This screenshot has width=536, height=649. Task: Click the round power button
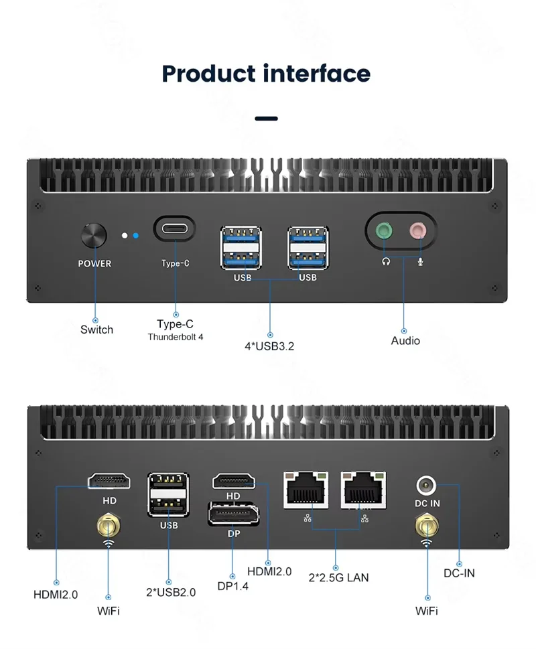pyautogui.click(x=94, y=236)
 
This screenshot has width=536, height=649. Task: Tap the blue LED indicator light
pyautogui.click(x=135, y=236)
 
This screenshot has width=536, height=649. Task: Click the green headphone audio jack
pyautogui.click(x=384, y=231)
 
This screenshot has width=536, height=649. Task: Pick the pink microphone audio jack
pyautogui.click(x=418, y=231)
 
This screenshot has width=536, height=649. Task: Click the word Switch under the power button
pyautogui.click(x=96, y=330)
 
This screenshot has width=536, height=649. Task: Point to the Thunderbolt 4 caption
pyautogui.click(x=176, y=337)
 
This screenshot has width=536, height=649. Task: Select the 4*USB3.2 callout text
pyautogui.click(x=270, y=346)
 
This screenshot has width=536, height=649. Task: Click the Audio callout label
pyautogui.click(x=405, y=341)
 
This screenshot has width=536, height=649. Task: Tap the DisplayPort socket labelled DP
pyautogui.click(x=233, y=515)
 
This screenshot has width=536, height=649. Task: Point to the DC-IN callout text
pyautogui.click(x=459, y=573)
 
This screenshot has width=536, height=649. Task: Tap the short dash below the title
pyautogui.click(x=267, y=119)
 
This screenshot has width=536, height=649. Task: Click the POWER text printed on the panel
pyautogui.click(x=94, y=264)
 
